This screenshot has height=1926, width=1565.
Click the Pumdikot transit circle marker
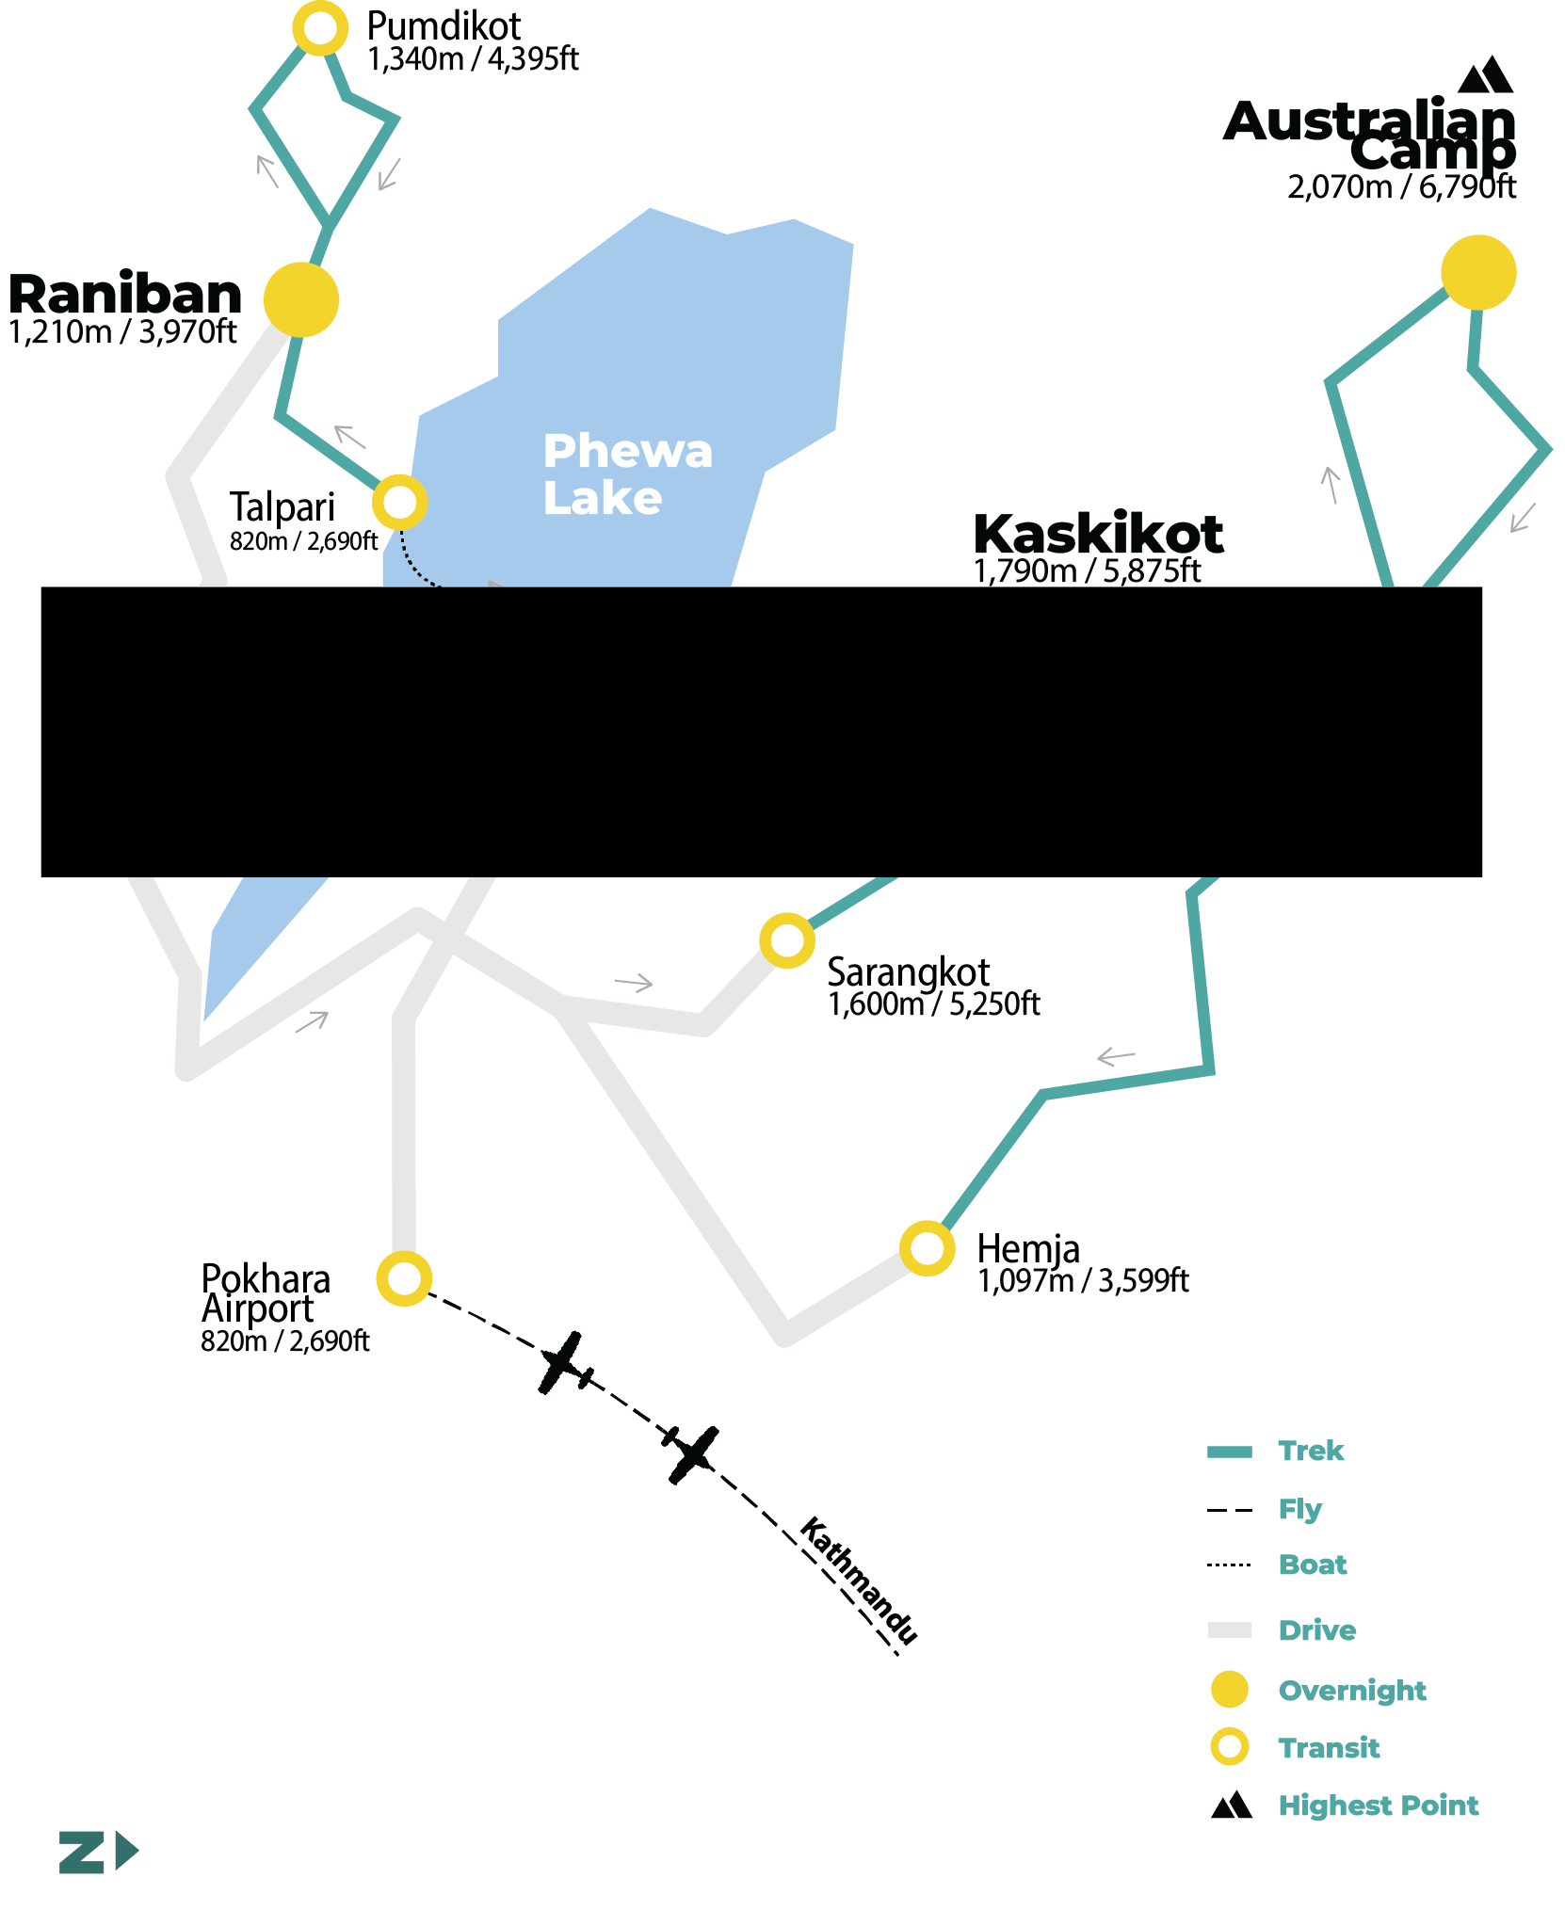point(320,28)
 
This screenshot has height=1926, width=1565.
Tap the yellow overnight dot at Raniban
point(301,299)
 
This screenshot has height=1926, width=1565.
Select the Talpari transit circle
point(400,502)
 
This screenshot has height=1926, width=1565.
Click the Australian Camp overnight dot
point(1478,272)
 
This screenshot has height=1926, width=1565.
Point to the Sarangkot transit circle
point(787,939)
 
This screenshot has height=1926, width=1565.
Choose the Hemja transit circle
point(928,1248)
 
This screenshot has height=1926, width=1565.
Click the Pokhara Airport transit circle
point(404,1278)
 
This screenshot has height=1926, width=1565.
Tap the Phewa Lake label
point(626,474)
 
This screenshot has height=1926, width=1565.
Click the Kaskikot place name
point(1098,535)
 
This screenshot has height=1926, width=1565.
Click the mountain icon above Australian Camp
point(1485,75)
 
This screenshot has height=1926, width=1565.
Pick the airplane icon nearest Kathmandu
point(691,1454)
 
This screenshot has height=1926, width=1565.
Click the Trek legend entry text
point(1311,1451)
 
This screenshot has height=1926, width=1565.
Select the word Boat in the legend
point(1313,1565)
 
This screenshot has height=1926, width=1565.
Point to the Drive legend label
point(1317,1630)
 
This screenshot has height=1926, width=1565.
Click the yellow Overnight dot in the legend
point(1229,1690)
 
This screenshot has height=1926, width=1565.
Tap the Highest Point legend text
point(1378,1806)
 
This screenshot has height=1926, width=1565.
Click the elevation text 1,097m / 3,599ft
point(1083,1281)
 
